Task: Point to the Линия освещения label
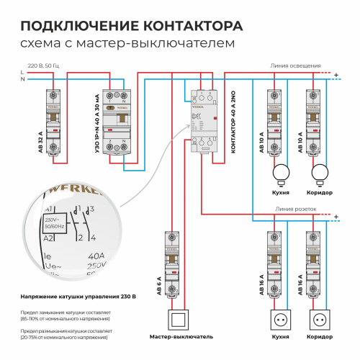pos(295,65)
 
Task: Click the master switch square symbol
pos(177,318)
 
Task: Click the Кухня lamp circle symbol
pos(282,173)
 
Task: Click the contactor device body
pos(202,119)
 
